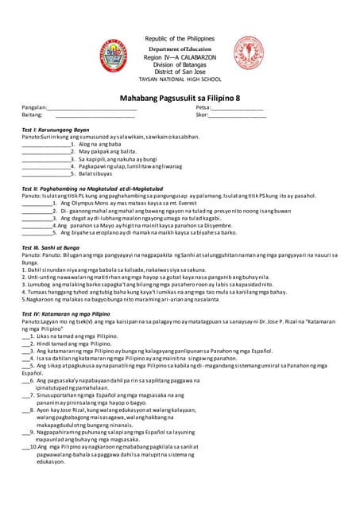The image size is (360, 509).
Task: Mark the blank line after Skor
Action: [237, 116]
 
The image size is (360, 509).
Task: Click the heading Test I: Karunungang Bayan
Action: [55, 129]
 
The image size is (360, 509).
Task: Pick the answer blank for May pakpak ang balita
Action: [46, 151]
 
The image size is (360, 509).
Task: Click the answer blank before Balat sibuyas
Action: [46, 173]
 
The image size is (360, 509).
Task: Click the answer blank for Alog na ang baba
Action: [46, 144]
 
